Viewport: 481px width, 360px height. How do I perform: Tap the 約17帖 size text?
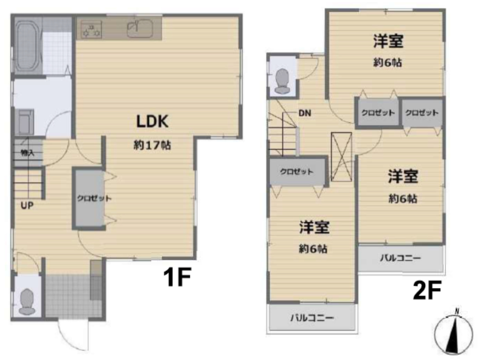152,145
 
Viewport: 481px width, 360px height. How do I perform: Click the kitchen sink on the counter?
140,28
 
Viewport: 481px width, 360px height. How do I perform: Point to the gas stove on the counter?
91,30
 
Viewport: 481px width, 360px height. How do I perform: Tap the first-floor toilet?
27,301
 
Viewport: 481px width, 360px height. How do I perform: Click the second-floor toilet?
282,81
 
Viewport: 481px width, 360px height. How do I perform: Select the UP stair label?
27,206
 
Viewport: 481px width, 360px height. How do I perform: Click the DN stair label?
305,113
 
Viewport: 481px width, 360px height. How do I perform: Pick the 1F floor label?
177,277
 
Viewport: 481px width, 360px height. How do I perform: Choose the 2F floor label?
427,290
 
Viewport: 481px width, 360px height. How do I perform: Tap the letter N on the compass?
457,311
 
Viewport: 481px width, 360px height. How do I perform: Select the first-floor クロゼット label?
94,198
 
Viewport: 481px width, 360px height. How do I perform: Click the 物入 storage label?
27,153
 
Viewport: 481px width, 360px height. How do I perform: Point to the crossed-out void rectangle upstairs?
342,157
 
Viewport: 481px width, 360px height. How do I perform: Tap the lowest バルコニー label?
312,318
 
